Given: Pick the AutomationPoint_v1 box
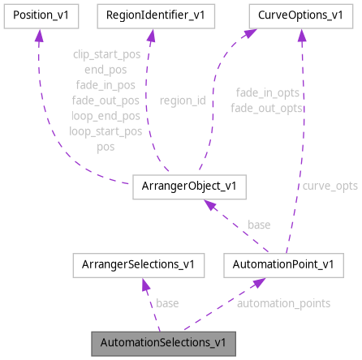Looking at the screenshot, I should pos(278,264).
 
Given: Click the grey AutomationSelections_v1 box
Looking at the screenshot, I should pos(163,341).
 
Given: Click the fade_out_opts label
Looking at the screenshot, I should pos(266,108).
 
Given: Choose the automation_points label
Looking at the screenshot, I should pos(283,303).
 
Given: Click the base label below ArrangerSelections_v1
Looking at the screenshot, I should pos(167,303).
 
